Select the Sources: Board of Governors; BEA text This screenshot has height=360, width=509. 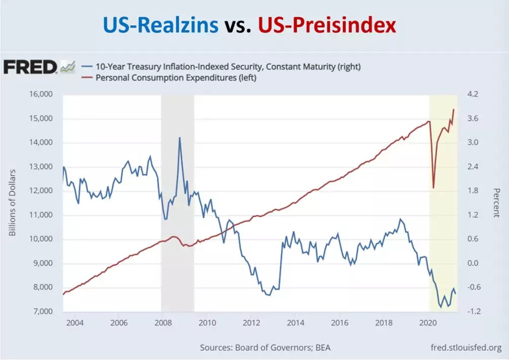pyautogui.click(x=265, y=348)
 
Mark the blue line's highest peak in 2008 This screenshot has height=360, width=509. pyautogui.click(x=179, y=138)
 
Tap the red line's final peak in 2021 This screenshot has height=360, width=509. pyautogui.click(x=453, y=109)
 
